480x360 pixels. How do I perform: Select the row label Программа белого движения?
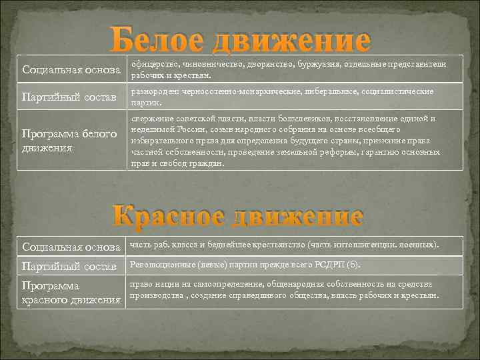point(70,141)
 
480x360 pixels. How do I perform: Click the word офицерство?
point(151,63)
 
